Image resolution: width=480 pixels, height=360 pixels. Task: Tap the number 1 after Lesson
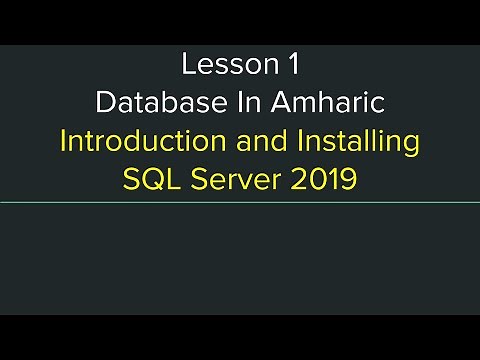(293, 65)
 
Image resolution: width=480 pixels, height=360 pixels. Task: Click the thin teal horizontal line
(240, 203)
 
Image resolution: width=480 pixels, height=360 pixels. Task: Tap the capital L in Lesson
(188, 65)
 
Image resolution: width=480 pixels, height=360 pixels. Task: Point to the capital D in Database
(105, 103)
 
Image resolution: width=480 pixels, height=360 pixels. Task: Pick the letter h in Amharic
(309, 103)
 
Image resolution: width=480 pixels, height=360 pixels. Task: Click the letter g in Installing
(410, 145)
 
